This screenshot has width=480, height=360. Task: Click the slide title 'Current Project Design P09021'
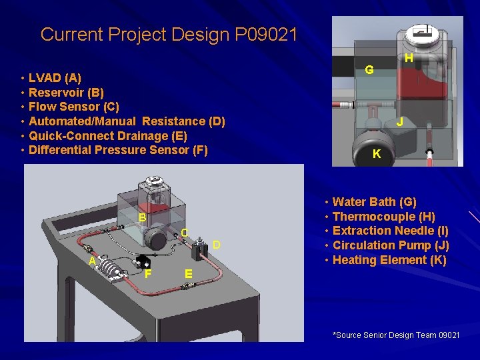[169, 34]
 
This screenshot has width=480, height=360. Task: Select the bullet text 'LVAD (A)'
[55, 77]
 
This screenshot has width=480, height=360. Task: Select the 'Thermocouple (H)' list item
[383, 217]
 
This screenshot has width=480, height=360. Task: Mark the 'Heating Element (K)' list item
[389, 260]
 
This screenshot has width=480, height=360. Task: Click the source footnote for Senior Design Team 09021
[396, 335]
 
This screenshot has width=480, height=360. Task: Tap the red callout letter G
[369, 70]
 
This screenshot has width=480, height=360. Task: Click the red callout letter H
[409, 59]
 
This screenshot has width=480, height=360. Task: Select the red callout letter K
[377, 154]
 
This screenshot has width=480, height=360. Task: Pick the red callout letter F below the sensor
[148, 273]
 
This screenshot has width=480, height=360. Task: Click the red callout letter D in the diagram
[216, 246]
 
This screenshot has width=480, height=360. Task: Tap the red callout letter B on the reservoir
[143, 218]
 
